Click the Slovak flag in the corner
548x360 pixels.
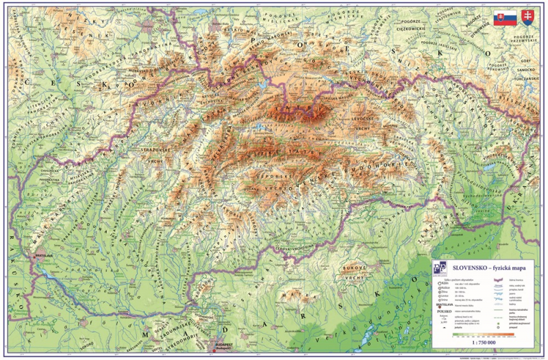click(x=505, y=18)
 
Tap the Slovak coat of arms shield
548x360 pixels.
click(x=528, y=17)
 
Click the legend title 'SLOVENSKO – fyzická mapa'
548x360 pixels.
click(x=479, y=268)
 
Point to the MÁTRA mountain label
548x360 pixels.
click(x=299, y=295)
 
